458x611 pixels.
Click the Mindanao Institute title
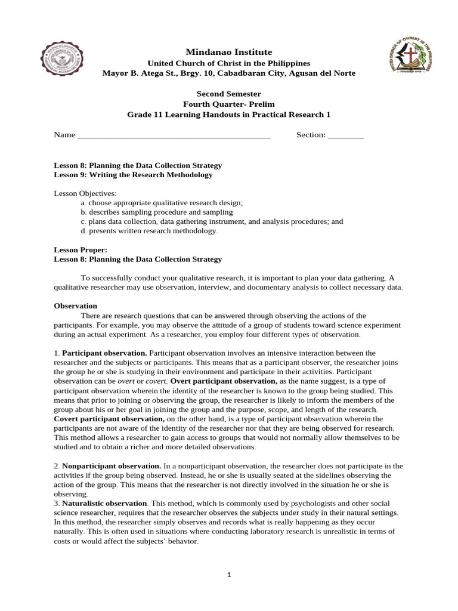click(229, 53)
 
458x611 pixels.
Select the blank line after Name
click(174, 135)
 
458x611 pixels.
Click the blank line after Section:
click(345, 135)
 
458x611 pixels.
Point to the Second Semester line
click(229, 94)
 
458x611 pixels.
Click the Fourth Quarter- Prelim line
click(229, 104)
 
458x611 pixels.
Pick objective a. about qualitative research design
click(162, 203)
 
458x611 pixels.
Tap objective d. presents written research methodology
click(150, 230)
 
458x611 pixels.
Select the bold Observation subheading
click(75, 305)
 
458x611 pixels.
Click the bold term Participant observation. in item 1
click(104, 353)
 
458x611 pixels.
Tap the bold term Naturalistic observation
click(104, 504)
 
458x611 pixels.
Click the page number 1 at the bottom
click(229, 575)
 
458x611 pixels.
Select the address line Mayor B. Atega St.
click(229, 73)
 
